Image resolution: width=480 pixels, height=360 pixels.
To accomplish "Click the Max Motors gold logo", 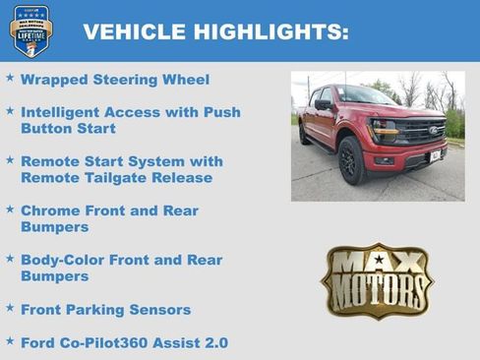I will (x=377, y=280).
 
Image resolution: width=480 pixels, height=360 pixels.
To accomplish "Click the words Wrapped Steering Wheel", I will (x=115, y=79).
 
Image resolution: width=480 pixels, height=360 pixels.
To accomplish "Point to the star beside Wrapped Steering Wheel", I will (x=10, y=77).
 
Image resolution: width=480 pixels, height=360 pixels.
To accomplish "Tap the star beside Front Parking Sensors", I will (x=10, y=308).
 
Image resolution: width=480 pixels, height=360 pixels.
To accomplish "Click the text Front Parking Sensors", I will (x=105, y=310).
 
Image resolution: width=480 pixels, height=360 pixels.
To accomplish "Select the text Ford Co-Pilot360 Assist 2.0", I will (x=124, y=342).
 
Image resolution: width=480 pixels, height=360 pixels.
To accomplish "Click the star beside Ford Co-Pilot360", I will (x=10, y=340).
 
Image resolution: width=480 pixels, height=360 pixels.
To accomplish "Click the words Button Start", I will (x=68, y=128).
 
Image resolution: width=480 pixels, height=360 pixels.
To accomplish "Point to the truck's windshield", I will (x=365, y=97).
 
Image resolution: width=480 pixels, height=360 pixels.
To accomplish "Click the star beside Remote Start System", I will (x=10, y=158).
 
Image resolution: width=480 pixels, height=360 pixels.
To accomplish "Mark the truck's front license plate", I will (x=435, y=155).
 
